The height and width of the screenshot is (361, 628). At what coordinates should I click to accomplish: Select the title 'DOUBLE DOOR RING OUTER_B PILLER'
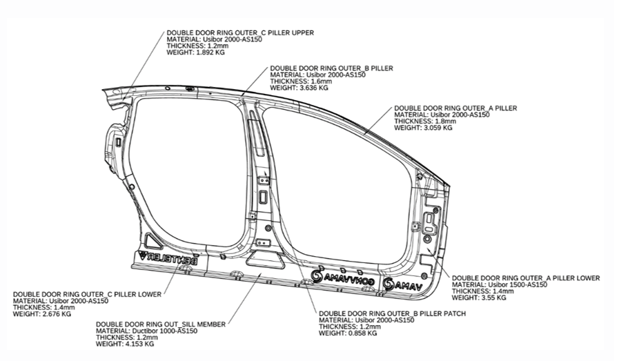click(332, 68)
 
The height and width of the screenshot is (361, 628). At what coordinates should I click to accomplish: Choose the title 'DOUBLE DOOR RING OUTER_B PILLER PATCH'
click(392, 313)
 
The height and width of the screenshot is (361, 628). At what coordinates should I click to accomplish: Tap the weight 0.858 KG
click(348, 333)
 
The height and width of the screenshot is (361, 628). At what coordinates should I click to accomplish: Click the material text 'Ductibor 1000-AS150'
click(146, 331)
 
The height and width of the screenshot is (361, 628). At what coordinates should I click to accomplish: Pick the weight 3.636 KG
click(299, 88)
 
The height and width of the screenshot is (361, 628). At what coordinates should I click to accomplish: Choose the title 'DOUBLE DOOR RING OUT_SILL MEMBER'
click(160, 324)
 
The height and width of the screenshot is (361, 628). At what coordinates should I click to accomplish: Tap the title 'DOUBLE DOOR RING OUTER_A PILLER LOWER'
click(525, 277)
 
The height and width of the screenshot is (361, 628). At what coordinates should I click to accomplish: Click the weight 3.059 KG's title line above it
click(455, 108)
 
